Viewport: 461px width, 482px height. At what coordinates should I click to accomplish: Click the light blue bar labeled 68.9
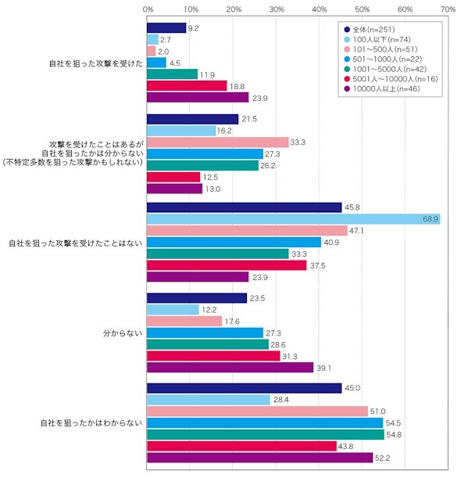click(294, 219)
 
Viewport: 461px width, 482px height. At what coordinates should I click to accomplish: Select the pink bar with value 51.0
click(257, 412)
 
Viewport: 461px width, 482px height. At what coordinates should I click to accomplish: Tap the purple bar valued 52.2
click(259, 458)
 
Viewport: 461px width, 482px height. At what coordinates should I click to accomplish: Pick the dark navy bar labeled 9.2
click(166, 28)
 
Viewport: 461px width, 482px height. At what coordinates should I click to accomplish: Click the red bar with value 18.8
click(187, 86)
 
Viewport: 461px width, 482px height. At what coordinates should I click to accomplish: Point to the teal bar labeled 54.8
click(266, 435)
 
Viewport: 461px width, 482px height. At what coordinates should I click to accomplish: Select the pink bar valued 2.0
click(152, 51)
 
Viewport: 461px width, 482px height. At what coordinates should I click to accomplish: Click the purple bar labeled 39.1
click(230, 368)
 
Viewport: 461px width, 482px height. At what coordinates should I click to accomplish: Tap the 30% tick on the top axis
click(277, 9)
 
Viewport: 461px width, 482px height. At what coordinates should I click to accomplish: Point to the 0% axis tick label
click(148, 9)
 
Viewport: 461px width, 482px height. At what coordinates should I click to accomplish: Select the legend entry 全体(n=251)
click(370, 30)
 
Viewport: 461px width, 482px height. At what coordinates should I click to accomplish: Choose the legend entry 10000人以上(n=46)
click(382, 89)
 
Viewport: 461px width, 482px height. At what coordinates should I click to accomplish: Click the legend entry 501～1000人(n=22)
click(383, 59)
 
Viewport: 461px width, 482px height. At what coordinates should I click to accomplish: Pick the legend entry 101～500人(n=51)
click(381, 49)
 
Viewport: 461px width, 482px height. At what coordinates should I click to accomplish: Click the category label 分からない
click(123, 333)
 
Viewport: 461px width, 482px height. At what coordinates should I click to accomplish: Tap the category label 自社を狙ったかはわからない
click(91, 423)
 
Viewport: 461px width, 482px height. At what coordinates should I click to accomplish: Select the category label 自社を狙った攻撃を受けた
click(96, 63)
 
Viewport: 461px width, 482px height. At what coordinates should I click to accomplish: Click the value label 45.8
click(352, 207)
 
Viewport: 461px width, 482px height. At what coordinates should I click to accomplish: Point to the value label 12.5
click(210, 178)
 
